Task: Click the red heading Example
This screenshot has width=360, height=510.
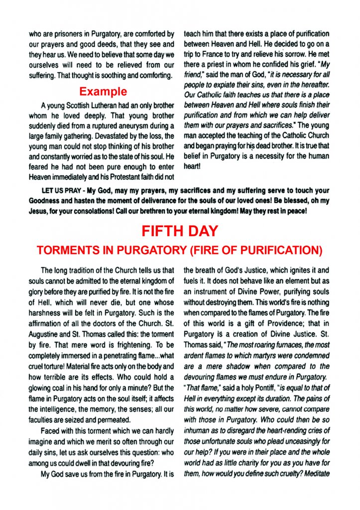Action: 103,92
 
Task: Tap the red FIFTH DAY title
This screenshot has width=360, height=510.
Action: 180,231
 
